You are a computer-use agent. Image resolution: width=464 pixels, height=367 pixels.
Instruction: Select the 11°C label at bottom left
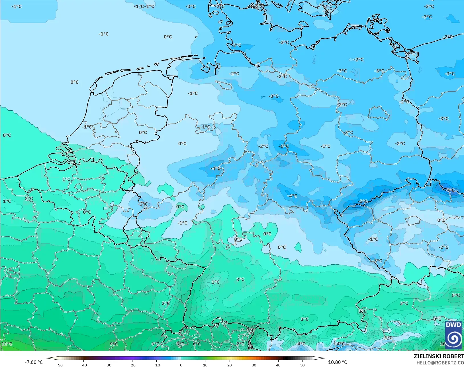coord(7,344)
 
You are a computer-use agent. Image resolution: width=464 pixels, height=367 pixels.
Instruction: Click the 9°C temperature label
coord(114,344)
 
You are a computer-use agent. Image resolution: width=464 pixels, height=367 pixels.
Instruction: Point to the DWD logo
coord(453,335)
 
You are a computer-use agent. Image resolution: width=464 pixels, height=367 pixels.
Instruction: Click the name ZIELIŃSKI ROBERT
coord(439,356)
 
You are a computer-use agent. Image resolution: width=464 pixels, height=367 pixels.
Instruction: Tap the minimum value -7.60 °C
coord(34,362)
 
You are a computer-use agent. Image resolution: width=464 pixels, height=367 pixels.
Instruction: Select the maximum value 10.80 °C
coord(338,362)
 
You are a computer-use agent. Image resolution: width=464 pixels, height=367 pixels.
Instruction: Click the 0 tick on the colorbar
coord(181,365)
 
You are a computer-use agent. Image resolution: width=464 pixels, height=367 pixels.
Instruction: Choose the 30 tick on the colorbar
coord(254,365)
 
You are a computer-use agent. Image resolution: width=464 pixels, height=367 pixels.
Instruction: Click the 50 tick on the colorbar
coord(302,365)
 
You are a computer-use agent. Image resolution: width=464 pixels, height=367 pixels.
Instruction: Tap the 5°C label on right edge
coord(456,295)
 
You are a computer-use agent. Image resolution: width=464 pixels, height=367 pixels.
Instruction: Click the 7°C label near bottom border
coord(251,330)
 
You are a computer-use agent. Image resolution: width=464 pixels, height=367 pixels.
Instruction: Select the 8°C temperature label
coord(180,344)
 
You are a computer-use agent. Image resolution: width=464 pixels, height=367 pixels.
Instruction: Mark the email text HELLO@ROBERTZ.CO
coord(440,363)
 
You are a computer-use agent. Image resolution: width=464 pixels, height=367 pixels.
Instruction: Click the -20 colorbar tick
coord(132,365)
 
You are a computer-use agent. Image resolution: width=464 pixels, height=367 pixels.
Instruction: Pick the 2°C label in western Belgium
coord(29,198)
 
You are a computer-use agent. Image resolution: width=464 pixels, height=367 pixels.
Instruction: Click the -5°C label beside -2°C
coord(283,146)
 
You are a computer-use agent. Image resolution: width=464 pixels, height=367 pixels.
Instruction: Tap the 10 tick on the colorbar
coord(205,365)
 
